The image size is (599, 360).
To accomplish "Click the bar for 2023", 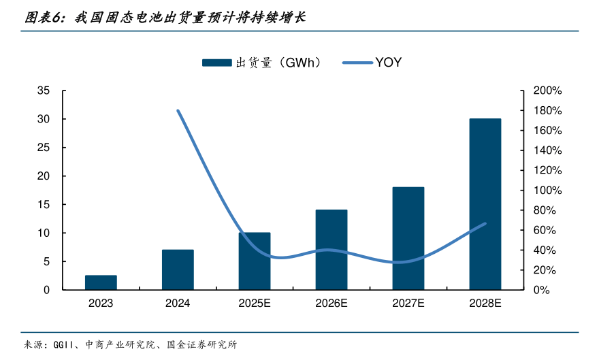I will (x=101, y=282).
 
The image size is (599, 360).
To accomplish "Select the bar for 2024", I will (x=178, y=269).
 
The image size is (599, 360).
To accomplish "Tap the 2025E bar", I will (x=255, y=261).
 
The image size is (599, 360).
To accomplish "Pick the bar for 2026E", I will (x=331, y=250).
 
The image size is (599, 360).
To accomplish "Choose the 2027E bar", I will (x=408, y=238).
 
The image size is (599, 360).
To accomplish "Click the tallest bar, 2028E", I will (x=485, y=204).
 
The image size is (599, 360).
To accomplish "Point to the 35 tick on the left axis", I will (x=43, y=91).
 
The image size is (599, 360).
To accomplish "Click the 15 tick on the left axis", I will (x=43, y=205).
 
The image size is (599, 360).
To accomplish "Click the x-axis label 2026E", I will (x=331, y=304).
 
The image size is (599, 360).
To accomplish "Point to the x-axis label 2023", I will (x=101, y=304).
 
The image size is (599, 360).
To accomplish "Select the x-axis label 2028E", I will (x=485, y=304).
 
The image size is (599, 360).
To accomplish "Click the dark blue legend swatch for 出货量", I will (x=217, y=63).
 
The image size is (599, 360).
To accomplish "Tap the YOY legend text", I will (x=388, y=63).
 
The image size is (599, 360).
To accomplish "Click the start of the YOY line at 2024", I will (x=178, y=110).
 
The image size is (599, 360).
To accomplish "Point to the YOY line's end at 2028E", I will (x=485, y=223).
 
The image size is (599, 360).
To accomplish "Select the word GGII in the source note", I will (x=65, y=344).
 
